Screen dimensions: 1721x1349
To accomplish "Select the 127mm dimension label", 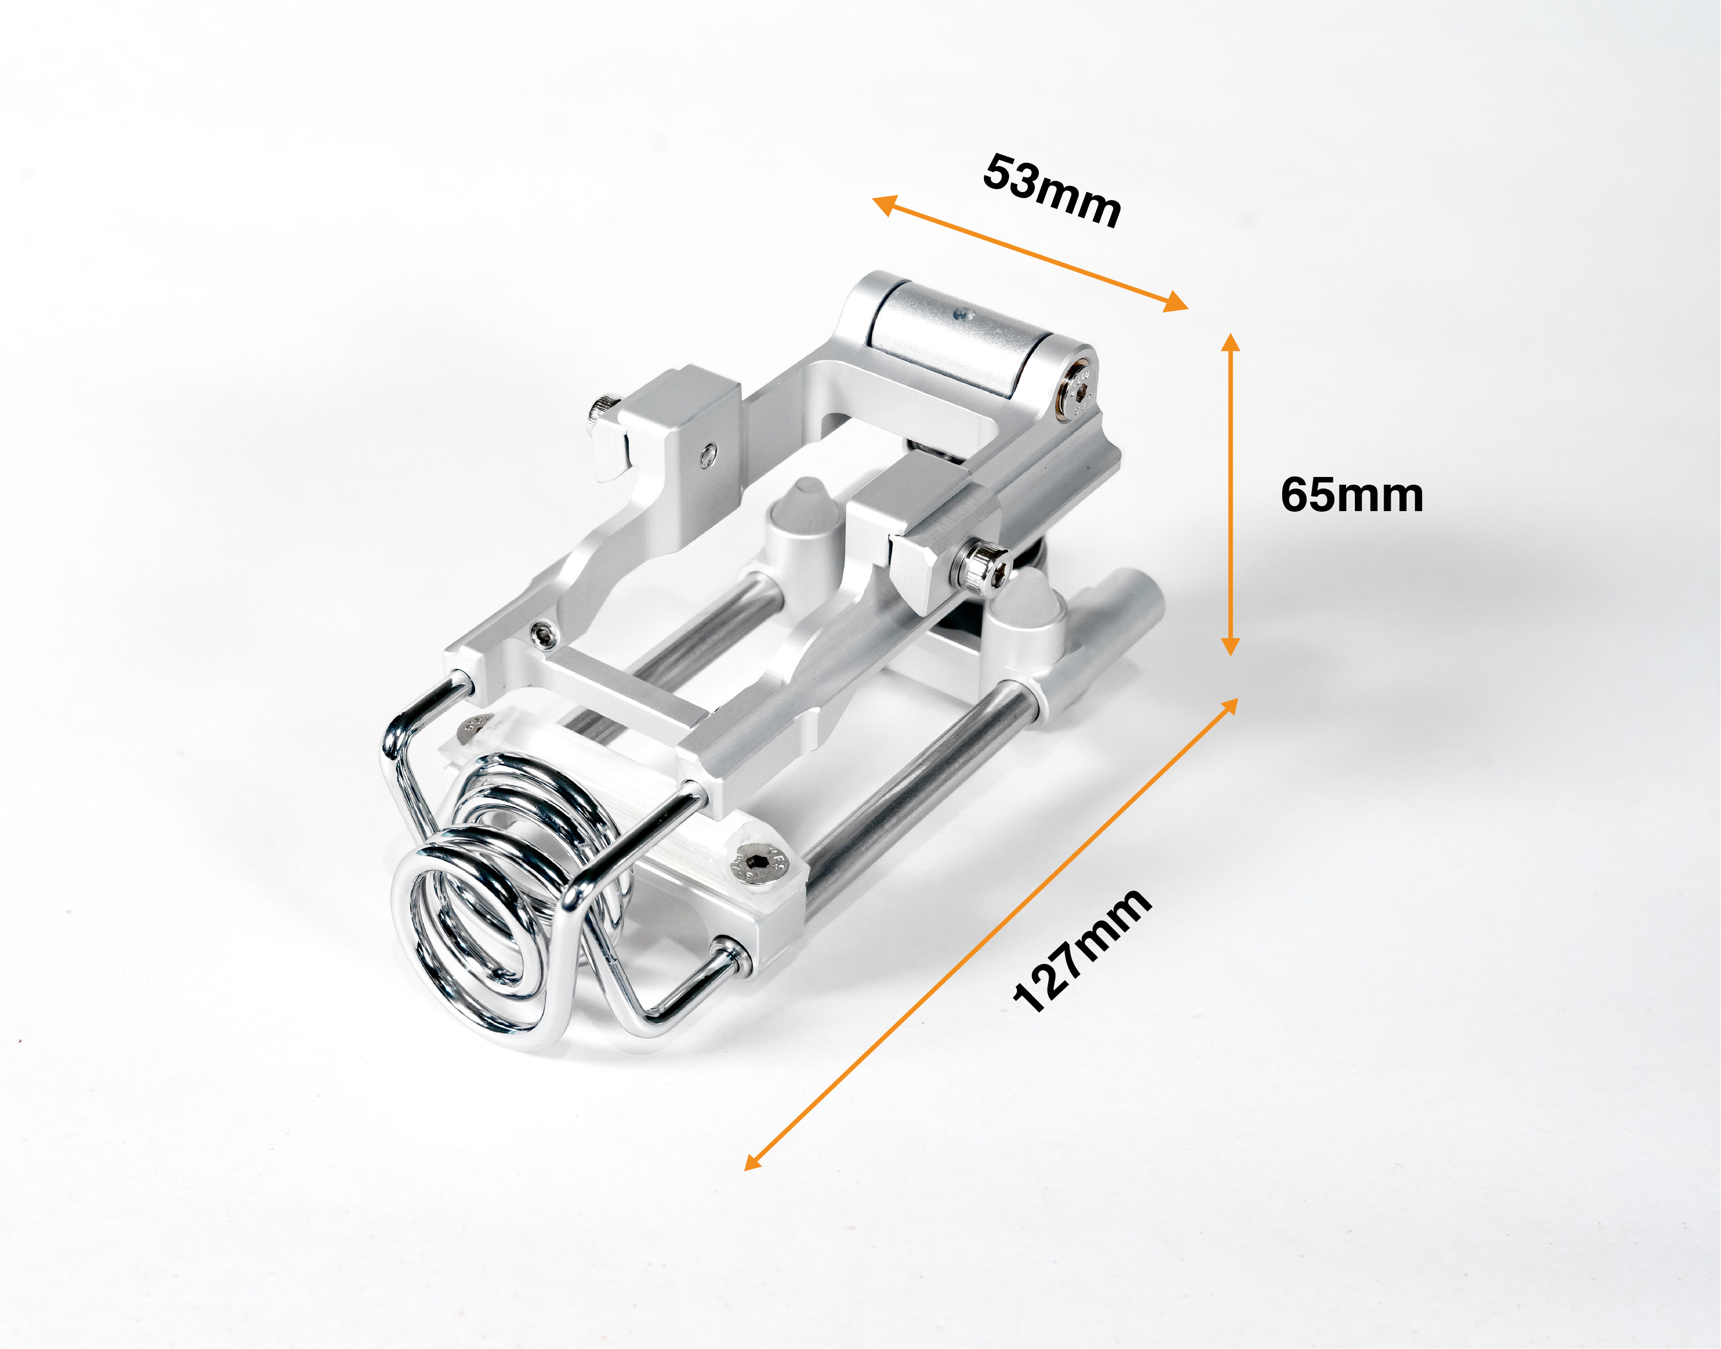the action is pos(1081,950).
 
